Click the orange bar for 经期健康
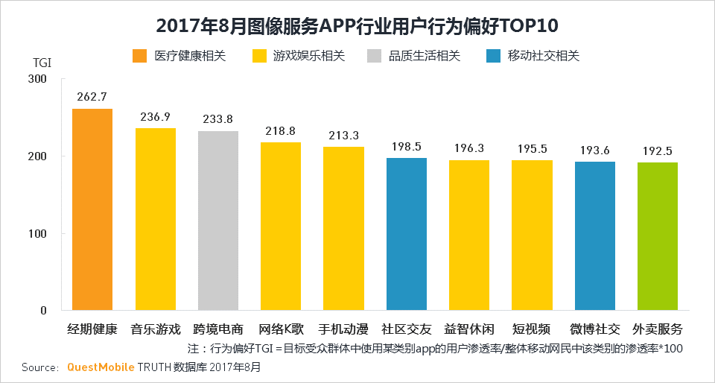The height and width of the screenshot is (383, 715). pos(92,209)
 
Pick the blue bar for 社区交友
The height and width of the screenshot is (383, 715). pos(407,234)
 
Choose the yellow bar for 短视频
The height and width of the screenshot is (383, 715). pos(532,235)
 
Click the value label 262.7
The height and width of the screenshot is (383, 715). pos(92,97)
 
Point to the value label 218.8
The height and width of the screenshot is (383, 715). pos(280,130)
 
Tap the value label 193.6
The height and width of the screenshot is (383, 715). pos(594,150)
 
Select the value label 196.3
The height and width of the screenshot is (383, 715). pos(469,148)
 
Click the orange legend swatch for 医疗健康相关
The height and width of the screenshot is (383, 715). pos(140,56)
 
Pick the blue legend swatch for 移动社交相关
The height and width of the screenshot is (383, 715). pos(493,56)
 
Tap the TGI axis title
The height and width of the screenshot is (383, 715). pos(42,62)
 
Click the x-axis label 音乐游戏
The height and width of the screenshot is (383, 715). pos(155,329)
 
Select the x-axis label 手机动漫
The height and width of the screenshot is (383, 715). pos(343,329)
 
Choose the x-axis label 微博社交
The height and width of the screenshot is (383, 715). pos(594,329)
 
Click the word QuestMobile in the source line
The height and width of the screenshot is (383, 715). pos(101,367)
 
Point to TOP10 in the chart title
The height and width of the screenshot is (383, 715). pos(529,26)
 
